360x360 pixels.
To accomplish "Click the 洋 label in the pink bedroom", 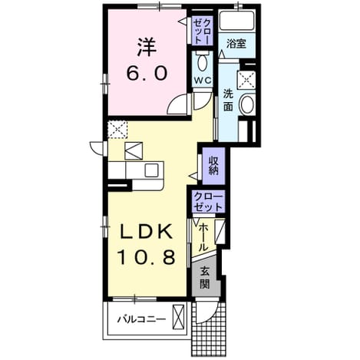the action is pyautogui.click(x=147, y=48).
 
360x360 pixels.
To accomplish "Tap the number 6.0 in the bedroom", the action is pyautogui.click(x=147, y=72).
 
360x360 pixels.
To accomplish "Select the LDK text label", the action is pyautogui.click(x=147, y=232).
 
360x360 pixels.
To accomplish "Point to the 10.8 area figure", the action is pyautogui.click(x=147, y=257).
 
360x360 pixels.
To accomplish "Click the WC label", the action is pyautogui.click(x=203, y=81).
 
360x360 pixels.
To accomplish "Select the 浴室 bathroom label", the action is pyautogui.click(x=236, y=44).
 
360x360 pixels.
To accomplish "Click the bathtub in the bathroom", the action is pyautogui.click(x=236, y=21).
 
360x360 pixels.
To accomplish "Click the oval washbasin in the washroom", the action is pyautogui.click(x=246, y=104).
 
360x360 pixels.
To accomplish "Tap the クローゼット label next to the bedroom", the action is pyautogui.click(x=203, y=31).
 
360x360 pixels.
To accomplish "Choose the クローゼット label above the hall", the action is pyautogui.click(x=208, y=202).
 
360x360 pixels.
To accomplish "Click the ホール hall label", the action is pyautogui.click(x=203, y=237).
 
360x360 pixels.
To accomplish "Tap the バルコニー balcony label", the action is pyautogui.click(x=141, y=319).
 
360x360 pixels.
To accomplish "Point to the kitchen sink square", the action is pyautogui.click(x=151, y=170).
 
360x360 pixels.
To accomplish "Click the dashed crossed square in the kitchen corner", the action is pyautogui.click(x=117, y=130).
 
